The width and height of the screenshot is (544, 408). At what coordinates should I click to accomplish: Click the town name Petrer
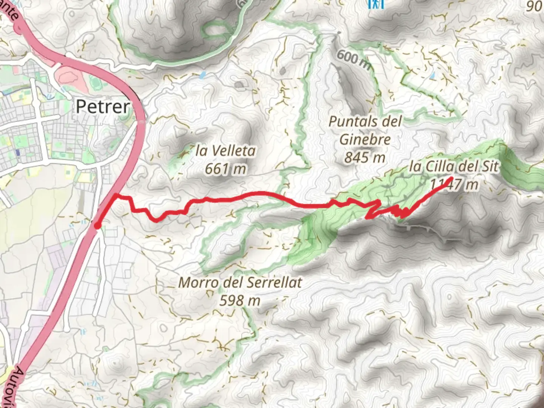click(x=102, y=107)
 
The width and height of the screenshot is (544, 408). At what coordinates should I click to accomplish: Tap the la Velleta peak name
click(x=226, y=151)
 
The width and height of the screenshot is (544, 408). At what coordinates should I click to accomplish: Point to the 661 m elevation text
click(x=226, y=168)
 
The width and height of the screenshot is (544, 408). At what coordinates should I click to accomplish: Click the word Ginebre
click(x=365, y=139)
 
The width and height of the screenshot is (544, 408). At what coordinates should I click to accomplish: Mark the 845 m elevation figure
click(x=365, y=157)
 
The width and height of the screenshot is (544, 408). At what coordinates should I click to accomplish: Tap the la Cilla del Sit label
click(x=454, y=166)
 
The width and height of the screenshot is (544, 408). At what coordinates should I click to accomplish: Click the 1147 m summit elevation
click(x=454, y=185)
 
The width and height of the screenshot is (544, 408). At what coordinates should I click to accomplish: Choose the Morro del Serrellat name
click(x=240, y=282)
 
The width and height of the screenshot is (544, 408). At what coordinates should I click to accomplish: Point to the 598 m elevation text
click(x=240, y=300)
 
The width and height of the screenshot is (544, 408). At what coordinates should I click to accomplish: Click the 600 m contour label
click(x=353, y=60)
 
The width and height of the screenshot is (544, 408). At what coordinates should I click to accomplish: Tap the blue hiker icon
click(x=376, y=4)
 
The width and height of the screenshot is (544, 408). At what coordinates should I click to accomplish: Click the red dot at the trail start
click(x=97, y=226)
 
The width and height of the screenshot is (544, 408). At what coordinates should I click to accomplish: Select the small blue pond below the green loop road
click(x=202, y=75)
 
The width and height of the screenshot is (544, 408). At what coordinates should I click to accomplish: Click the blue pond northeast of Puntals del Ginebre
click(x=432, y=75)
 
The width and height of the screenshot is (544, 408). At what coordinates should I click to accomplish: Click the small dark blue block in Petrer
click(x=17, y=152)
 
